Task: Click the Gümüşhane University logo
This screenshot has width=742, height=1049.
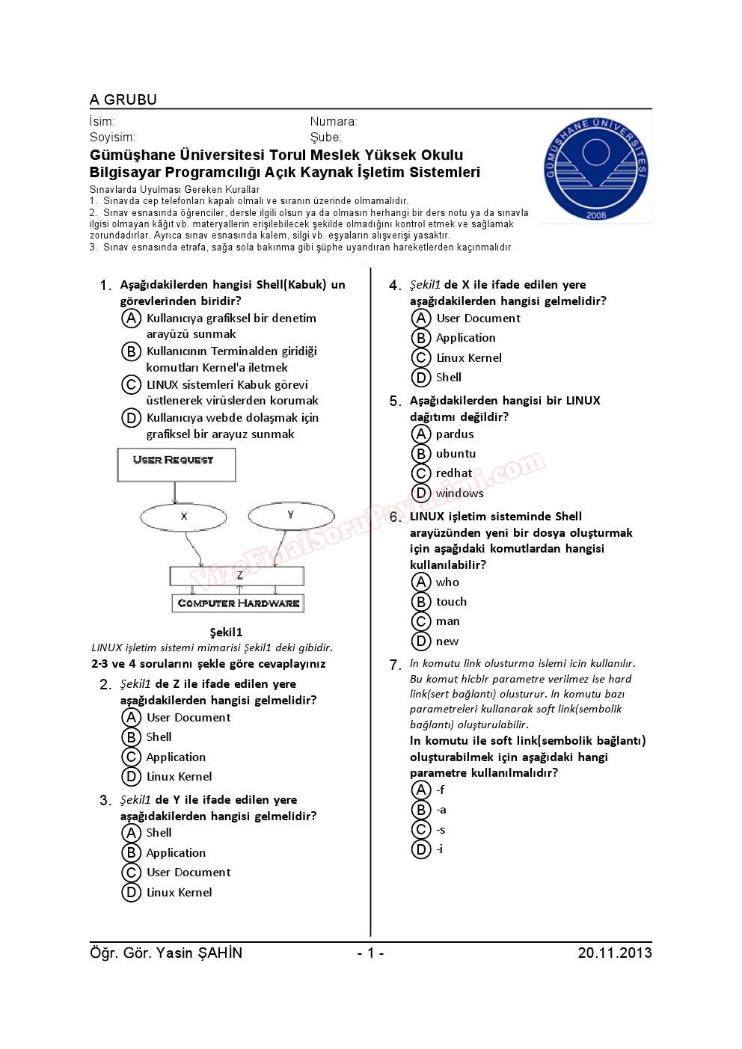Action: tap(595, 170)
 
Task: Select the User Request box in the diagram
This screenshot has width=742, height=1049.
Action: tap(176, 464)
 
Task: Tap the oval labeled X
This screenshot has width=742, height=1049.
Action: tap(183, 516)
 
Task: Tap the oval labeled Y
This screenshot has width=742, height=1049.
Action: tap(290, 515)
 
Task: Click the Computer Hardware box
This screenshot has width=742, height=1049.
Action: tap(238, 603)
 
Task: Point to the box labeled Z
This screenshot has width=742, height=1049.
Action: tap(237, 576)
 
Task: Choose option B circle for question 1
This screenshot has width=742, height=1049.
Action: tap(131, 351)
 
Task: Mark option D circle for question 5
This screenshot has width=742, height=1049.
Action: tap(421, 493)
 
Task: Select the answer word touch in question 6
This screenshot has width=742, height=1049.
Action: tap(451, 602)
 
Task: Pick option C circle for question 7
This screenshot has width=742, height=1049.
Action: tap(421, 830)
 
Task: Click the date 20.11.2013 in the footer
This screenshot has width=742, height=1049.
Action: tap(614, 953)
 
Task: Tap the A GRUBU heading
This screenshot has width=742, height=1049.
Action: tap(123, 100)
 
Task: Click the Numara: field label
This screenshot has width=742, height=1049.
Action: tap(334, 122)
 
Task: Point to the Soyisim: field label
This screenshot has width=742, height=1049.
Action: tap(112, 138)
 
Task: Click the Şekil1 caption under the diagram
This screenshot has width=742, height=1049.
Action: tap(226, 633)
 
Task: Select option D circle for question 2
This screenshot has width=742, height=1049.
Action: tap(131, 777)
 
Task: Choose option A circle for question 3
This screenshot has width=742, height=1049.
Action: tap(131, 833)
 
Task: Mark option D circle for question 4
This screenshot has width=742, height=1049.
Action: tap(421, 378)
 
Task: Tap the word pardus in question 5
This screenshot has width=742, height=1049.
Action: tap(455, 434)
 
